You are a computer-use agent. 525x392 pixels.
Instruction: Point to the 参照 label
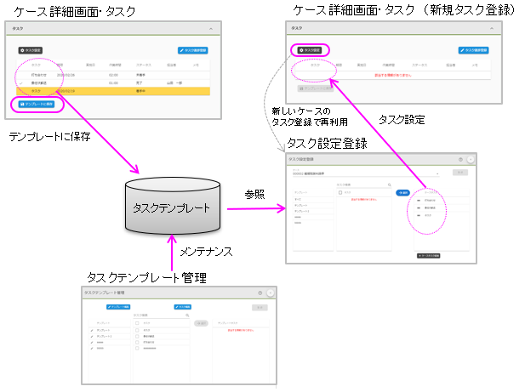pos(255,194)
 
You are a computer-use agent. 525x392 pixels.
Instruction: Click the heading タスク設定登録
pos(327,143)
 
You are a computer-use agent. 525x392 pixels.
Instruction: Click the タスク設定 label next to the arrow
pos(402,120)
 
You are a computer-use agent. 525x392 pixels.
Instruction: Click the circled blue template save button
pos(37,105)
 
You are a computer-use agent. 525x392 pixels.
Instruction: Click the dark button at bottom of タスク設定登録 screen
pos(431,254)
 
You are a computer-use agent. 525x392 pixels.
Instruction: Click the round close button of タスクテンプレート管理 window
pos(271,293)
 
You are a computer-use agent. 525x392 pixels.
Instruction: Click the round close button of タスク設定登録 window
pos(471,159)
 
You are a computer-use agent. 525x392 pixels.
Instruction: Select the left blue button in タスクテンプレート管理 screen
pos(117,306)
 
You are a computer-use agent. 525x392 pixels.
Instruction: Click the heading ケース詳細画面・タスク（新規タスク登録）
pos(403,9)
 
